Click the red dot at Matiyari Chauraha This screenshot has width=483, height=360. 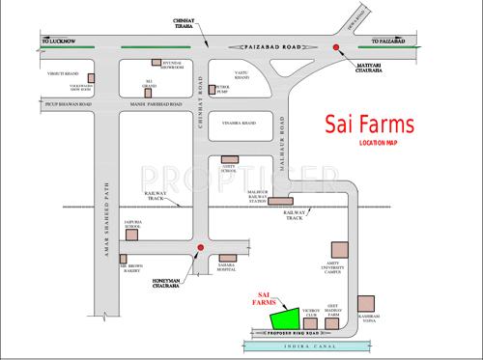click(335, 46)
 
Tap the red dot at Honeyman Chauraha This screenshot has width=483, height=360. click(200, 249)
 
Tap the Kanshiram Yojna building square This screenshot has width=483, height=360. click(364, 303)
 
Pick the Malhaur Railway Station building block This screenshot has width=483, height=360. click(282, 203)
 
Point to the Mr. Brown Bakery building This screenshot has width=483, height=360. click(123, 263)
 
